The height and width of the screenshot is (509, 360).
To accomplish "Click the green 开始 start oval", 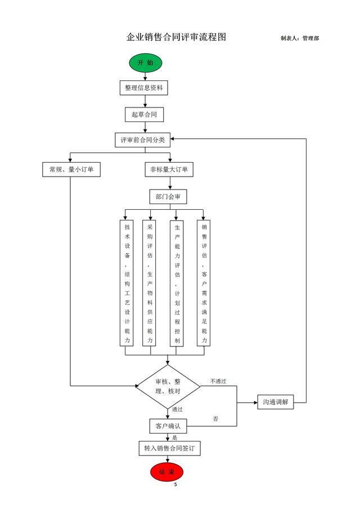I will pyautogui.click(x=145, y=62).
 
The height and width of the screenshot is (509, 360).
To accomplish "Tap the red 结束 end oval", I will pyautogui.click(x=167, y=471).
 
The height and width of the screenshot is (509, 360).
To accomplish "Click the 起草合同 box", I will pyautogui.click(x=144, y=115).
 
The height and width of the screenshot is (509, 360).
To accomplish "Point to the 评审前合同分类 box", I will pyautogui.click(x=143, y=139).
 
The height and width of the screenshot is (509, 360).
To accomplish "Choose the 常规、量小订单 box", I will pyautogui.click(x=71, y=169).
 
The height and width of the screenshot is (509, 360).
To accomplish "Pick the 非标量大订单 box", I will pyautogui.click(x=169, y=169).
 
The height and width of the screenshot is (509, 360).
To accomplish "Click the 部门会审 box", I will pyautogui.click(x=168, y=196).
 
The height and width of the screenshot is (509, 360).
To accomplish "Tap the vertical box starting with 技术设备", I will pyautogui.click(x=127, y=283).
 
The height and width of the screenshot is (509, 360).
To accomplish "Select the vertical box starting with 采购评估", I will pyautogui.click(x=150, y=283).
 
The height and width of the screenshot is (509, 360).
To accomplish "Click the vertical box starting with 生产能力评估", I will pyautogui.click(x=177, y=283).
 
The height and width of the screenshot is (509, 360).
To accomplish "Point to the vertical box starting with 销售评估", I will pyautogui.click(x=204, y=283).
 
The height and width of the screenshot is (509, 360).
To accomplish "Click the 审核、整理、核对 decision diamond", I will pyautogui.click(x=168, y=386).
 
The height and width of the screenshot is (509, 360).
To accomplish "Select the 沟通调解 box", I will pyautogui.click(x=276, y=402).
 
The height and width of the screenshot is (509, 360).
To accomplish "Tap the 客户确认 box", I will pyautogui.click(x=168, y=426).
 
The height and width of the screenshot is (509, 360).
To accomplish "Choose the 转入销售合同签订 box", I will pyautogui.click(x=169, y=448).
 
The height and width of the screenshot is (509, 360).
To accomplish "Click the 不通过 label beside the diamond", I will pyautogui.click(x=218, y=381).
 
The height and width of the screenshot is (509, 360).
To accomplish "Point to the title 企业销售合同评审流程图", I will pyautogui.click(x=176, y=37).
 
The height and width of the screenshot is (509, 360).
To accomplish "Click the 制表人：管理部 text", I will pyautogui.click(x=299, y=38).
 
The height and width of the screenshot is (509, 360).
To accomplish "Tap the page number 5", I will pyautogui.click(x=175, y=485).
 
